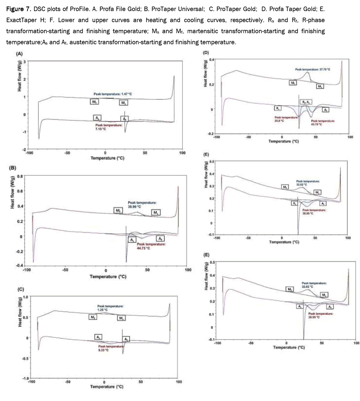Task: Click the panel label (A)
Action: click(x=19, y=54)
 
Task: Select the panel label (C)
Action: click(x=21, y=289)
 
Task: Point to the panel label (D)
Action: click(x=206, y=52)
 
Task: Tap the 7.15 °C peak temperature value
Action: click(x=101, y=129)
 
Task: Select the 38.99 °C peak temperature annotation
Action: click(x=134, y=206)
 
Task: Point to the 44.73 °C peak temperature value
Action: click(x=143, y=248)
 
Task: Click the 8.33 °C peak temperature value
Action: click(x=103, y=350)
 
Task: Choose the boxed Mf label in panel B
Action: click(x=118, y=211)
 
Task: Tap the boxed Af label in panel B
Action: click(x=160, y=239)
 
